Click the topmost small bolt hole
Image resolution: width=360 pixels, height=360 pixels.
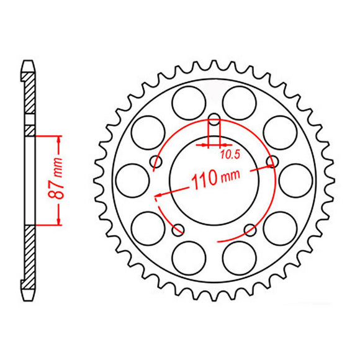pyautogui.click(x=214, y=120)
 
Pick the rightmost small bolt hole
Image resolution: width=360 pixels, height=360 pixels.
pyautogui.click(x=271, y=161)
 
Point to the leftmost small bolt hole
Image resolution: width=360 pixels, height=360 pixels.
pyautogui.click(x=156, y=162)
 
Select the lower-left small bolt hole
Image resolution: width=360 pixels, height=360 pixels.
pyautogui.click(x=179, y=230)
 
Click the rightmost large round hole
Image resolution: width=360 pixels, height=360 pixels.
pyautogui.click(x=295, y=181)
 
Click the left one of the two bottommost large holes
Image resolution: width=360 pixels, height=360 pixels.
pyautogui.click(x=188, y=258)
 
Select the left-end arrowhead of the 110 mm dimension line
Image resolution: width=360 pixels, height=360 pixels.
pyautogui.click(x=159, y=195)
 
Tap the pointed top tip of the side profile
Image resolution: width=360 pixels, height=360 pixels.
pyautogui.click(x=29, y=61)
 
